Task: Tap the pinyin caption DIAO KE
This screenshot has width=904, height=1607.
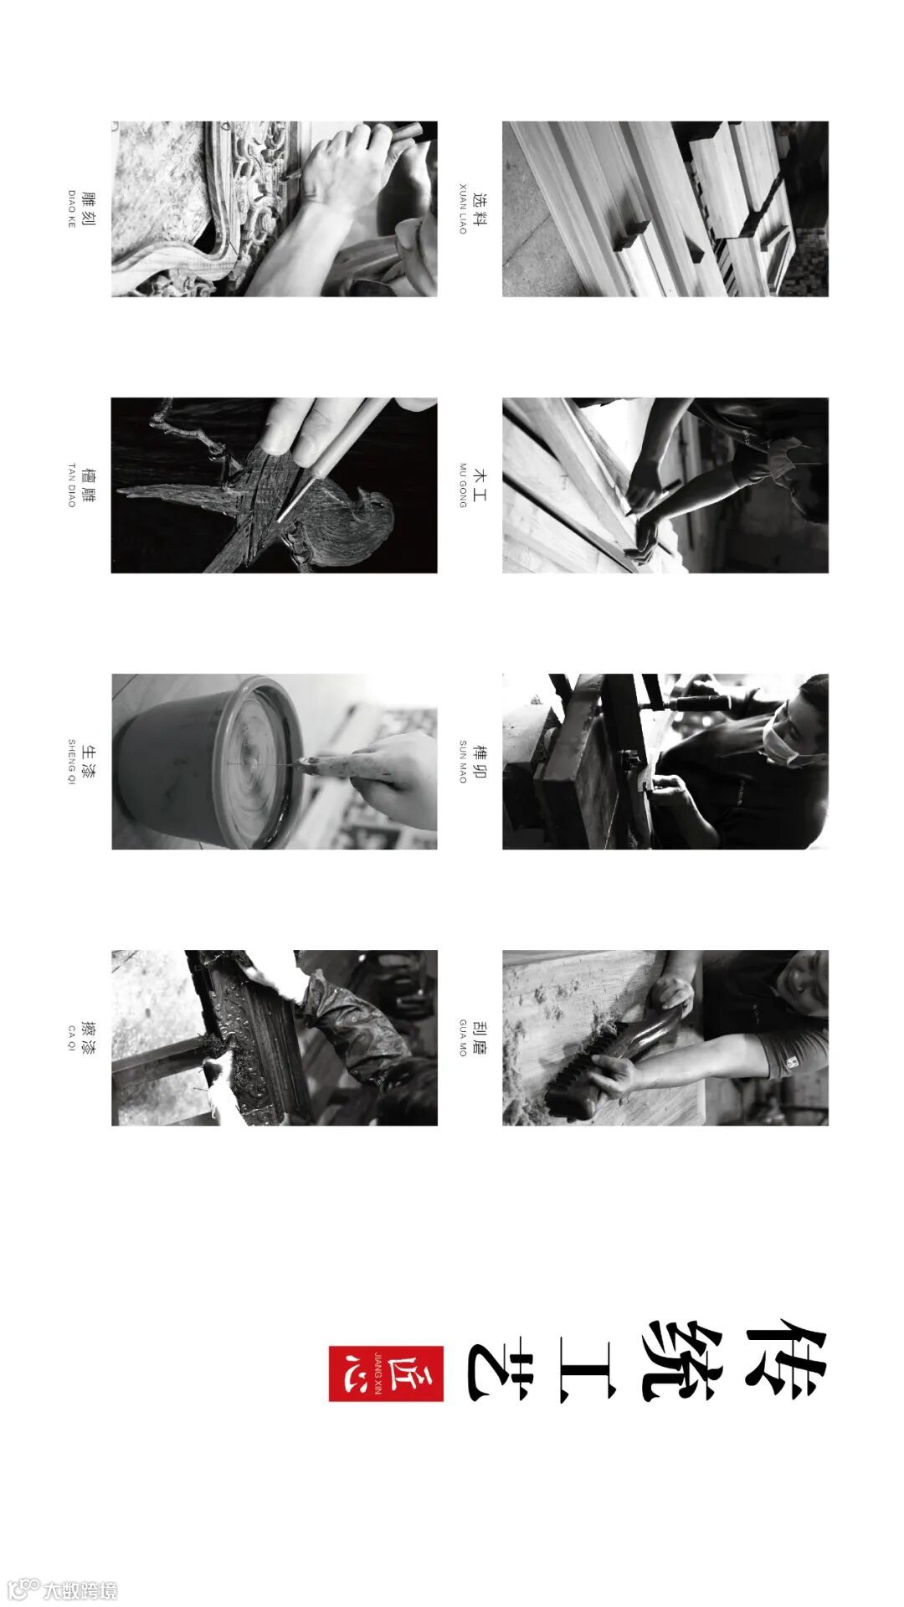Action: [72, 209]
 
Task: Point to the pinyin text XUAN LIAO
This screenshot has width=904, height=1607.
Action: [463, 208]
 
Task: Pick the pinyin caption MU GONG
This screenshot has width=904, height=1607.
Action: [463, 485]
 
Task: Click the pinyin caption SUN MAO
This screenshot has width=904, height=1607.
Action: [463, 762]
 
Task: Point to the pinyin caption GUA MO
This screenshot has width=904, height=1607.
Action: [463, 1038]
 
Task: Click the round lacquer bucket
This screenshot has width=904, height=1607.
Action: [209, 762]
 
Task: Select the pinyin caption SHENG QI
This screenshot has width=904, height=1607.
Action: [72, 762]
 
